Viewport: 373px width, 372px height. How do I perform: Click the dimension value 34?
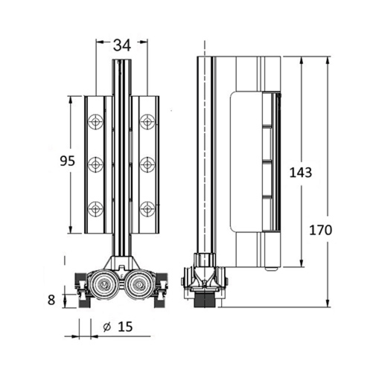click(122, 45)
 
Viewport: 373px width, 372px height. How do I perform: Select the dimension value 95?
click(67, 161)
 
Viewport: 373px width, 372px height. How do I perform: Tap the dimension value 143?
click(301, 173)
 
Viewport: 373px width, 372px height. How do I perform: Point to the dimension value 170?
click(320, 231)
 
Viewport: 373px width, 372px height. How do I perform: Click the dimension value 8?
click(51, 300)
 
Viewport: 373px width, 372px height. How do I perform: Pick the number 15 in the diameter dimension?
click(125, 327)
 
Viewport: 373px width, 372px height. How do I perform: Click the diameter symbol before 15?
click(106, 327)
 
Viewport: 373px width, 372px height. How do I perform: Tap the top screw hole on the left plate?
click(96, 122)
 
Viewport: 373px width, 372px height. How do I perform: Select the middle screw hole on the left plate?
click(96, 164)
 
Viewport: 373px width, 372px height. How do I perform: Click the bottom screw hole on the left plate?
click(96, 209)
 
